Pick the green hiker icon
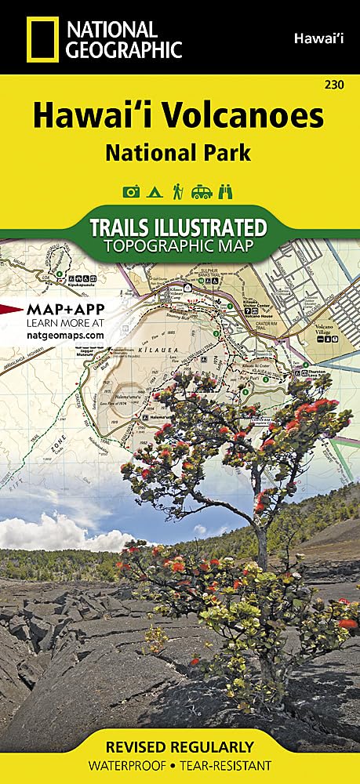[x=178, y=191]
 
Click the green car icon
[x=202, y=191]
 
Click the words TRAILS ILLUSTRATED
[x=178, y=227]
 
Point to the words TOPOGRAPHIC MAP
[x=178, y=247]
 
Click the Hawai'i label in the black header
[x=313, y=37]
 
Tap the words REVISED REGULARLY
[x=180, y=746]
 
